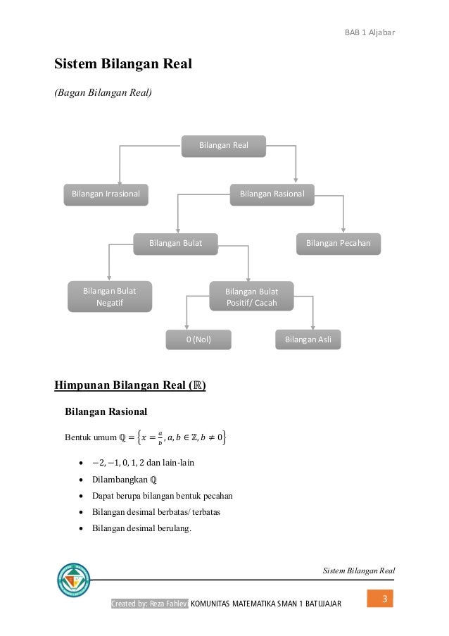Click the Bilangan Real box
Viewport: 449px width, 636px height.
tap(222, 146)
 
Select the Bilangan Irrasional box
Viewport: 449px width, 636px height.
tap(106, 194)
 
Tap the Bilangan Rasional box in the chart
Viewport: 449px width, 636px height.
tap(272, 194)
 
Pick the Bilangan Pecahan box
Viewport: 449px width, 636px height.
tap(338, 243)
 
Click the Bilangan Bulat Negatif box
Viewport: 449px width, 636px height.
tap(109, 297)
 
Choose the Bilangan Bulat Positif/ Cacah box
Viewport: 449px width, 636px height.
tap(251, 297)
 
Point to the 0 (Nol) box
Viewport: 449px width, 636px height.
tap(198, 340)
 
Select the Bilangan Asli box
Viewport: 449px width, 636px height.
tap(308, 340)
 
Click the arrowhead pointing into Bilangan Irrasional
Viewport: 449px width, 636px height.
tap(120, 179)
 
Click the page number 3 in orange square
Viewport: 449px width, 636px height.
tap(384, 599)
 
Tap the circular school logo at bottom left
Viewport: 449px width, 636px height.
tap(73, 580)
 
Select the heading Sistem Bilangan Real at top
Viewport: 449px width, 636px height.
tap(124, 65)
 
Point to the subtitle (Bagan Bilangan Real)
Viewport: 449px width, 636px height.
tap(103, 92)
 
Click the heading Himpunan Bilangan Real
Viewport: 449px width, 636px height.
tap(130, 385)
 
